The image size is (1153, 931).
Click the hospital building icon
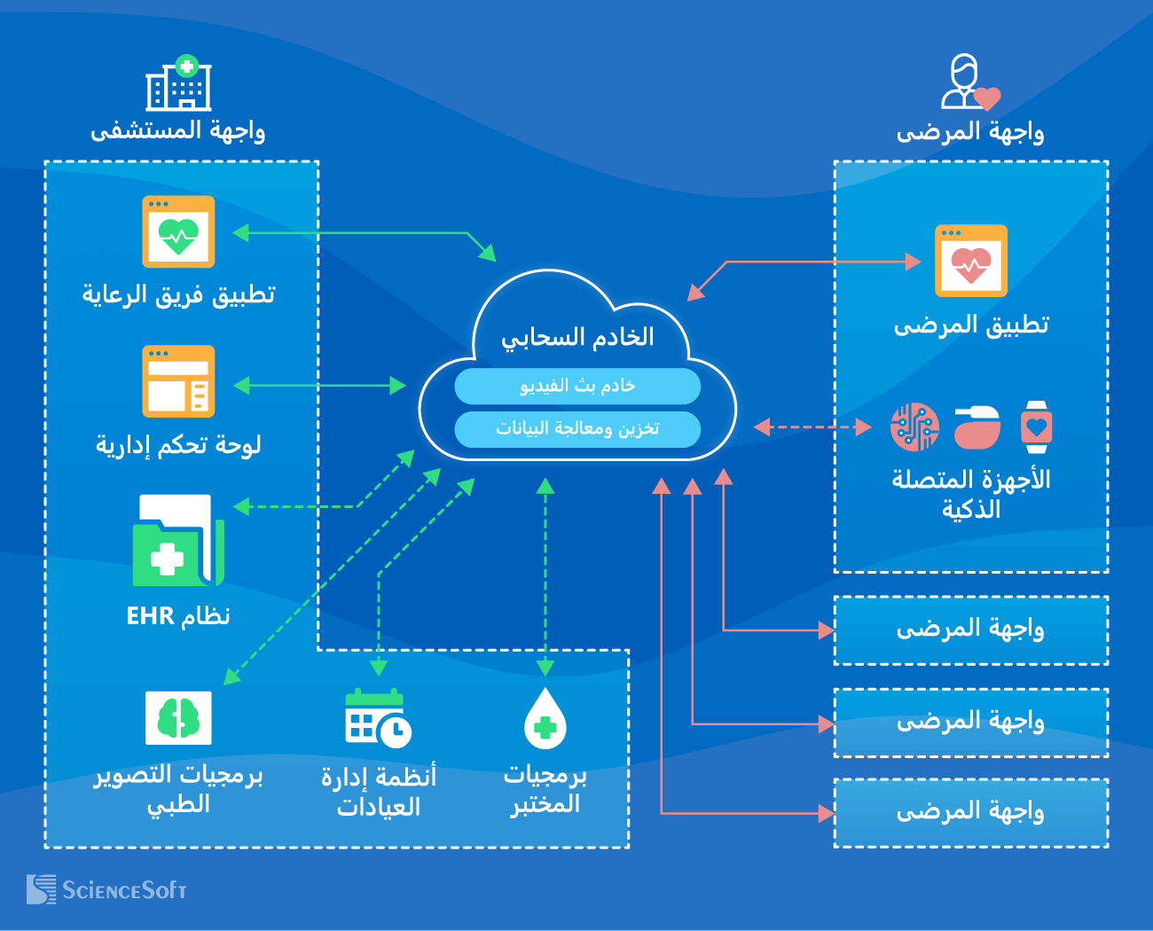coord(178,83)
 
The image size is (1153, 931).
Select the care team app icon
coord(178,231)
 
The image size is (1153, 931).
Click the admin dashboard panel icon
coord(178,381)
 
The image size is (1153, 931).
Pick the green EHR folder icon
coord(178,541)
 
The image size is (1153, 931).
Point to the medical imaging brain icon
coord(178,717)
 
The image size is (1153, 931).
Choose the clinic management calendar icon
coord(378,717)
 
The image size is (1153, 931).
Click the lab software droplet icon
coord(545,719)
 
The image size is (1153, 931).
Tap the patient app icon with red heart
coord(971,261)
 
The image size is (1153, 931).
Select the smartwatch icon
coord(1036,427)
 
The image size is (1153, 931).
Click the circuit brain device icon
coord(914,427)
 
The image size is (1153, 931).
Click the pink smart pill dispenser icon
coord(977,427)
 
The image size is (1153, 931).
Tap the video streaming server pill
coord(577,386)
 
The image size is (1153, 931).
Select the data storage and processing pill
coord(577,429)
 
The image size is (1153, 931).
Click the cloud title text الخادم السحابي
coord(577,338)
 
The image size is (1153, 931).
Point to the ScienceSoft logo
coord(106,889)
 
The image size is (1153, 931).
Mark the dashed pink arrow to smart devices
coord(812,427)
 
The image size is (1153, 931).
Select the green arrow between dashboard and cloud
coord(320,385)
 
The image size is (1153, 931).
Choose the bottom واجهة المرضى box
coord(971,812)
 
